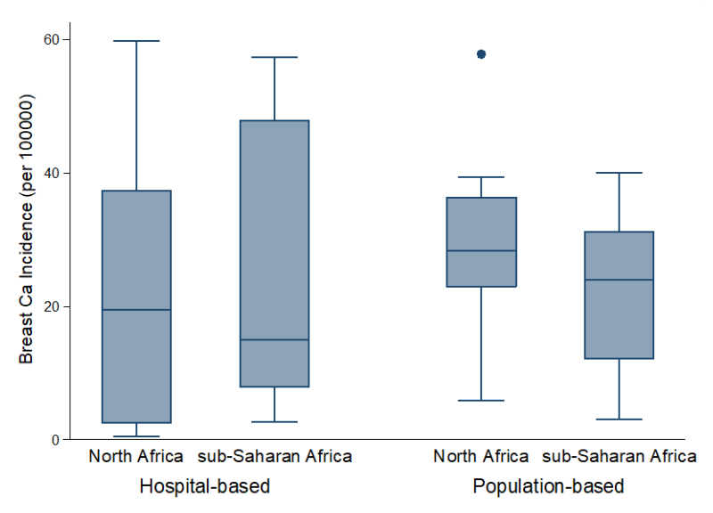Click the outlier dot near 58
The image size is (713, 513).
coord(481,54)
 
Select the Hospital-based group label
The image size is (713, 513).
coord(205,487)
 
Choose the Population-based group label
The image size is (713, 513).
coord(548,487)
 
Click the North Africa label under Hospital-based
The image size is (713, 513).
coord(136,457)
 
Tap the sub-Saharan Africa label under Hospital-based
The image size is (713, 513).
coord(275,457)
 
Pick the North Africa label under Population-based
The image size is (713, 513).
coord(481,457)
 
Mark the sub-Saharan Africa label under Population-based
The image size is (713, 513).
coord(619,457)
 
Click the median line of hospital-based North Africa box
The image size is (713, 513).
coord(136,309)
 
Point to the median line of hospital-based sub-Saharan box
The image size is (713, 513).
coord(275,339)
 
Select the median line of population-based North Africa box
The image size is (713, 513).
coord(481,251)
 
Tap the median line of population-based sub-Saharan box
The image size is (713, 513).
coord(619,280)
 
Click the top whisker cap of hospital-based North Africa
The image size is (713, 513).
coord(136,41)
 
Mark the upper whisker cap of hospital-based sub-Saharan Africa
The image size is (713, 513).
coord(275,57)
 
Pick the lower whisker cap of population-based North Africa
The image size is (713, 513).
coord(481,401)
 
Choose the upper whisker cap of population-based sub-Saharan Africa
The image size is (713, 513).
coord(619,173)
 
